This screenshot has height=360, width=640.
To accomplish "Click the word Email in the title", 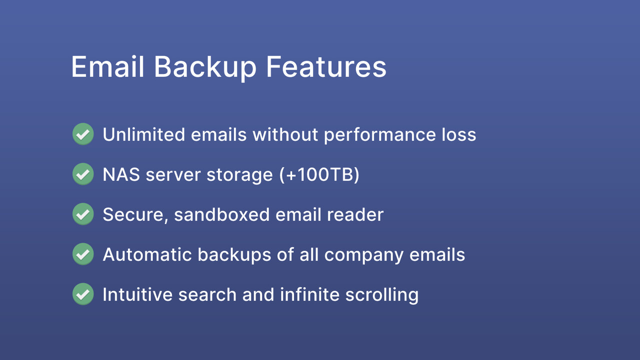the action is tap(107, 66).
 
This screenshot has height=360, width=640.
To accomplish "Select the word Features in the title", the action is tap(326, 66).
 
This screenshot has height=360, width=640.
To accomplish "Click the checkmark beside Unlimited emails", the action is tap(83, 134).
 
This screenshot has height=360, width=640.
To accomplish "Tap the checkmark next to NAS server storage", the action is tap(83, 174).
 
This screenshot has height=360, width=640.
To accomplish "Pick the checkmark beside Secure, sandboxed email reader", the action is tap(83, 214).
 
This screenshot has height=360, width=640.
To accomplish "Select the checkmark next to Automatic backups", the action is tap(83, 254).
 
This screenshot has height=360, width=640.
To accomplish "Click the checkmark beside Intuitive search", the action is tap(83, 294).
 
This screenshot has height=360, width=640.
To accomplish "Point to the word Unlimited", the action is tap(144, 134).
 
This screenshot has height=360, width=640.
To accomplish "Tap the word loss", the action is tap(459, 134).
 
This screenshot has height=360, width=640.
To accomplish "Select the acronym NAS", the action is tap(121, 174).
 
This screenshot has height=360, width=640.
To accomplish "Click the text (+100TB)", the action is tap(319, 174).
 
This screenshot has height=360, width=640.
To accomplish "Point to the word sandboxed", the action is tap(221, 214).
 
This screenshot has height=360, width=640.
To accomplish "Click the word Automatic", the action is tap(147, 254).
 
